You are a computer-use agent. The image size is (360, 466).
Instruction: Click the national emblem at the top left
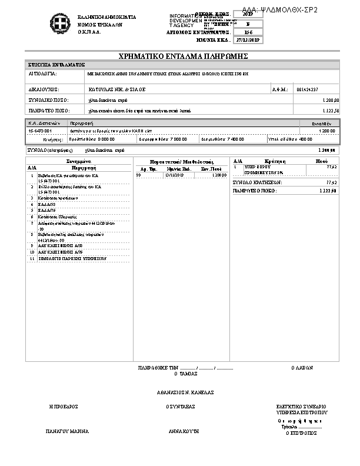pos(59,25)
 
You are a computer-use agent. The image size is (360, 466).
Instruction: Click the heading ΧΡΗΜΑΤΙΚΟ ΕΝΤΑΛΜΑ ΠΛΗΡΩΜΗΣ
pos(183,56)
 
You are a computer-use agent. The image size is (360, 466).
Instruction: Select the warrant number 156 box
pos(248,32)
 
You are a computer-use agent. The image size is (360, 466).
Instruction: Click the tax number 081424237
pos(308,89)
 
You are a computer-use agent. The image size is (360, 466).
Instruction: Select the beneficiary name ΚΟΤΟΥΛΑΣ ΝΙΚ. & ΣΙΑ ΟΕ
pos(116,89)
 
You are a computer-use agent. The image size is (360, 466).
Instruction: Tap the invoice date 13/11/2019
pos(175,175)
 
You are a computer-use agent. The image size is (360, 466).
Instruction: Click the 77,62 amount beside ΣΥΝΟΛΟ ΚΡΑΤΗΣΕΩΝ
pos(331,182)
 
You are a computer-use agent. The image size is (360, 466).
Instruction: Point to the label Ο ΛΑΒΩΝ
pos(302,368)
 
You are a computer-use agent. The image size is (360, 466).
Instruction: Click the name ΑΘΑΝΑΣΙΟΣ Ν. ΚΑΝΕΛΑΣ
pos(185,392)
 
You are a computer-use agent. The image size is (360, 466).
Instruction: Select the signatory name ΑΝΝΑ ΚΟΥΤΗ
pos(184,431)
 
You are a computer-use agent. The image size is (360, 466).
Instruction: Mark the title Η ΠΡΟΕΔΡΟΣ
pos(64,407)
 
